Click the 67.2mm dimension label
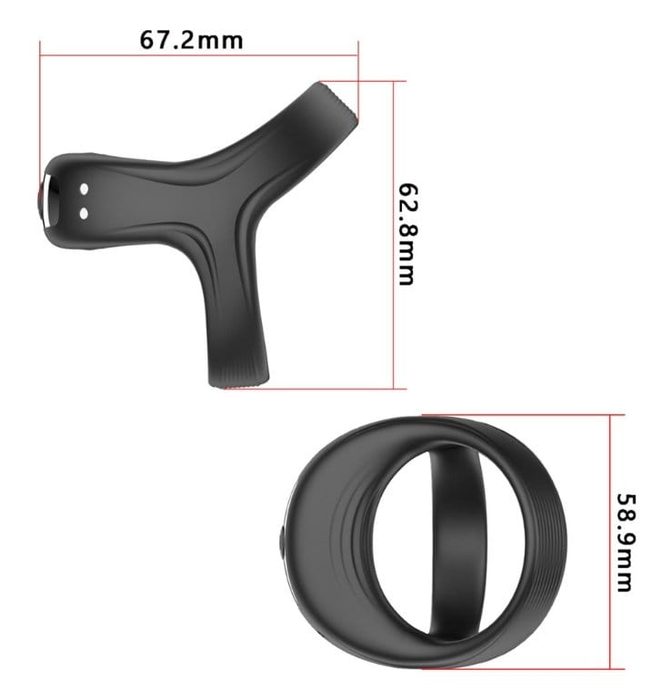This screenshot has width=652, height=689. (x=190, y=40)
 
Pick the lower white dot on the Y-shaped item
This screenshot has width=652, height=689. (x=84, y=213)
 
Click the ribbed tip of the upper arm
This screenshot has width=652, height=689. (x=341, y=103)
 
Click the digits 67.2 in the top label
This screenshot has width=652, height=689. (x=168, y=40)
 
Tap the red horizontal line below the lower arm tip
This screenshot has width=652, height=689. (x=309, y=389)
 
